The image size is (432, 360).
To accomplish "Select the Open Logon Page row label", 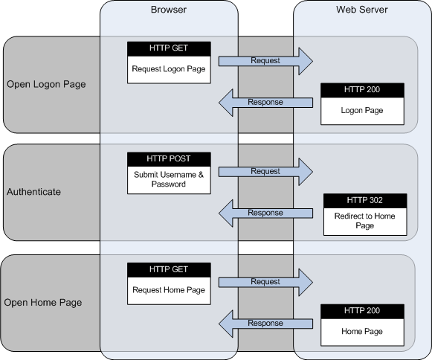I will point(46,84).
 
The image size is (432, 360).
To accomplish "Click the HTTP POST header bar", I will point(169,159).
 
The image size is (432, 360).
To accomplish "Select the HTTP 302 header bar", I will point(365,201).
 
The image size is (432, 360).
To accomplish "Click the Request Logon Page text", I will point(169,69).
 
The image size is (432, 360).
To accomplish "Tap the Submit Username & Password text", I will point(169,179).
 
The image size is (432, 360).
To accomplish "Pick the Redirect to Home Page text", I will point(365,220).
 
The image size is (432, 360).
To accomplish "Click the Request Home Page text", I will point(169,290).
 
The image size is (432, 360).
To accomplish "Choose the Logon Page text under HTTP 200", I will point(361,110).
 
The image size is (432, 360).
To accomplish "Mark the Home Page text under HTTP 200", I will point(361,332).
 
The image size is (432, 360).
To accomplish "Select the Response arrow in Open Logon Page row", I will point(265,102).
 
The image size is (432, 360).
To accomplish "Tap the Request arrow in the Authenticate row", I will point(266,171).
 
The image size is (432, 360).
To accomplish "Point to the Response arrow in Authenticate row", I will point(265,213).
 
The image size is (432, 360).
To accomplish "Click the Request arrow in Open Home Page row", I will point(266,282).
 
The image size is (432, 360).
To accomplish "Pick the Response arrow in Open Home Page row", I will point(265,324).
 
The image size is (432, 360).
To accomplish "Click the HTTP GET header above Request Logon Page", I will point(169,48).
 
